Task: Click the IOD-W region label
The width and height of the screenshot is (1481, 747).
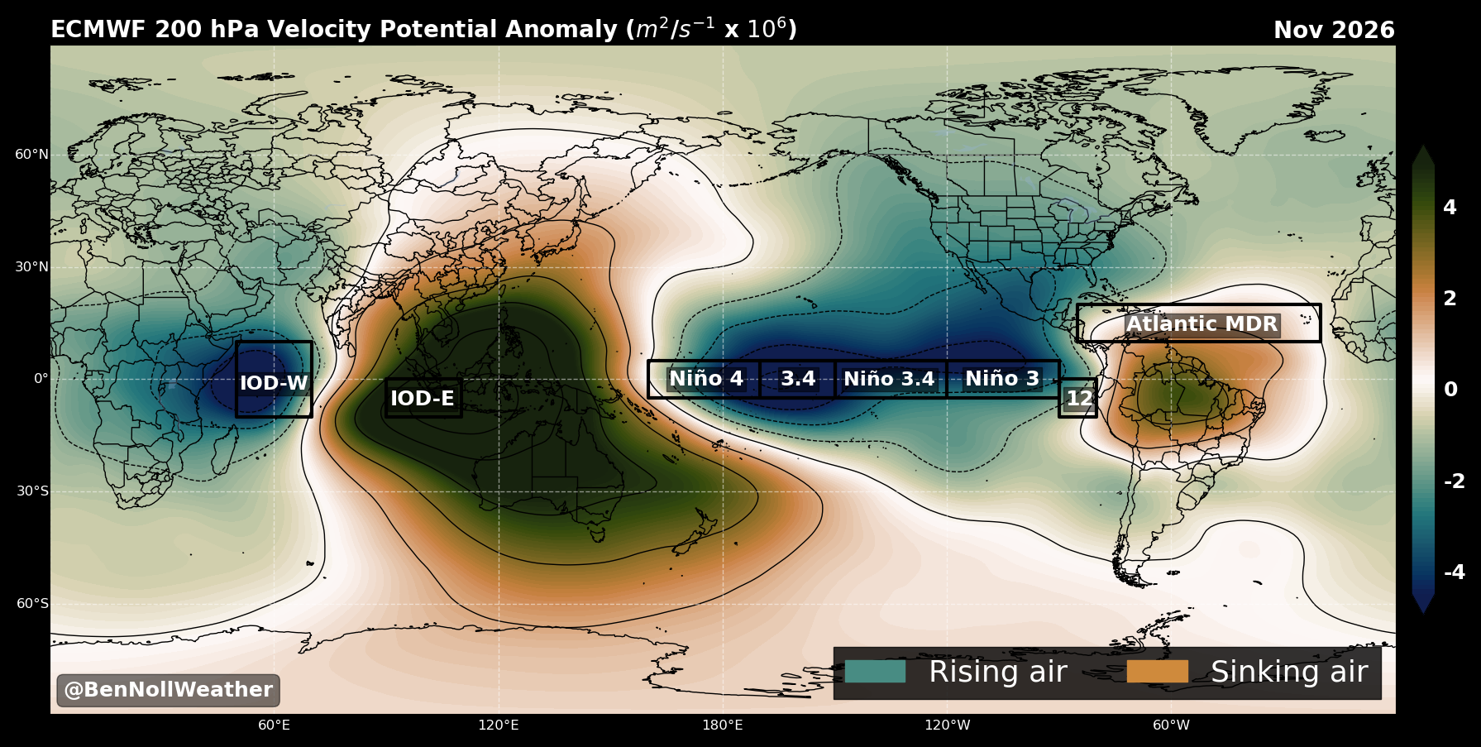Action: (x=274, y=384)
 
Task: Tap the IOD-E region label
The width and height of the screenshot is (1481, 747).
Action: (x=423, y=399)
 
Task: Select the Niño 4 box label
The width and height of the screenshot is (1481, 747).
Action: (x=706, y=379)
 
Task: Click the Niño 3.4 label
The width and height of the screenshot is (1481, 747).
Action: (x=889, y=379)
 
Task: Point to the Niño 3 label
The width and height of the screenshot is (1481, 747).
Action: (x=1002, y=379)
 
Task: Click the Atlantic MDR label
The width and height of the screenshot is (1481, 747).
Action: (x=1202, y=324)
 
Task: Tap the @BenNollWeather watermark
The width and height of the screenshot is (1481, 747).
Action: (x=168, y=690)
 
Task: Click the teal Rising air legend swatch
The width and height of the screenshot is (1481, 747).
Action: (x=875, y=671)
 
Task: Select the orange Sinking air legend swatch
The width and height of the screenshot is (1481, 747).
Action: (x=1157, y=671)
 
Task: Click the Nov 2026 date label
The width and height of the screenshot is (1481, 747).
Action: (x=1334, y=31)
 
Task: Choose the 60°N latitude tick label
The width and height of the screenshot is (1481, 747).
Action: (x=32, y=155)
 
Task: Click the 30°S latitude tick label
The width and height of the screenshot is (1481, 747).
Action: (x=32, y=491)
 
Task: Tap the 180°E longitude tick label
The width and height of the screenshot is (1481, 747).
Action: (x=723, y=725)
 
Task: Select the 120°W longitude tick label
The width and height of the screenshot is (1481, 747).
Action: (x=947, y=725)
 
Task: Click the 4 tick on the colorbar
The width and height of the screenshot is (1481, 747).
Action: (x=1450, y=208)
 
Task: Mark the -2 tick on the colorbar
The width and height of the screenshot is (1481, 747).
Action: (x=1454, y=481)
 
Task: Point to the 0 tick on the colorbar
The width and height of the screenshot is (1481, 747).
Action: (x=1450, y=390)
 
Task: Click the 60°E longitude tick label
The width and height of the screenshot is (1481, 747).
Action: (x=274, y=725)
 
